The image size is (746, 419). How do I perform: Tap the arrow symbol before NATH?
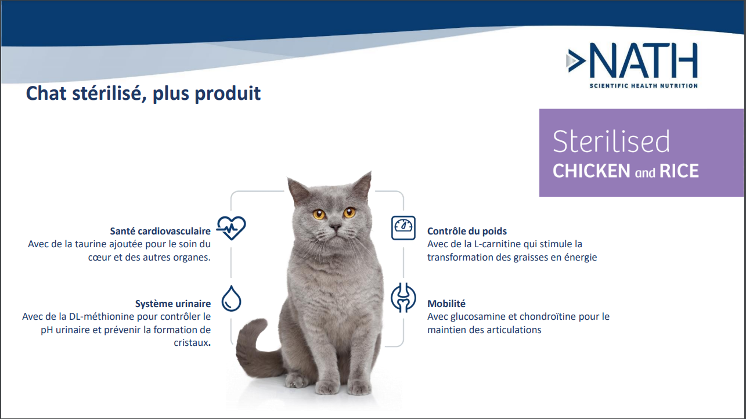[x=576, y=60]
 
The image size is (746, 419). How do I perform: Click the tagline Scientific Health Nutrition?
[x=643, y=86]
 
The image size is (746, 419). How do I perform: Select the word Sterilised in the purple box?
[x=611, y=142]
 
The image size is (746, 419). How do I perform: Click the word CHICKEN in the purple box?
[x=592, y=171]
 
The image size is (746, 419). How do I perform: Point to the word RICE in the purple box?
[x=679, y=171]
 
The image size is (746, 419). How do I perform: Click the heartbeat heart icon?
[x=231, y=227]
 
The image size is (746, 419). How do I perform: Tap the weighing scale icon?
[x=403, y=228]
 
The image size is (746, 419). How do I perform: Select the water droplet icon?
[x=231, y=298]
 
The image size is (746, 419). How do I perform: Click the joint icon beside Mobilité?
[x=403, y=298]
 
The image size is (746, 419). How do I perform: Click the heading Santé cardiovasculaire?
[x=160, y=231]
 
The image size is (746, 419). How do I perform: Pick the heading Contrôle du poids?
[x=467, y=231]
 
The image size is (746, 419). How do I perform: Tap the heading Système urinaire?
[x=173, y=304]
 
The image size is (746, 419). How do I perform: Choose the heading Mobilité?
[x=446, y=304]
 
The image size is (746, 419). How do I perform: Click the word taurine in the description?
[x=91, y=244]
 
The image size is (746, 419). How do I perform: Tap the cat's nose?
[x=336, y=227]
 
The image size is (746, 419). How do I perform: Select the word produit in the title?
[x=228, y=93]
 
